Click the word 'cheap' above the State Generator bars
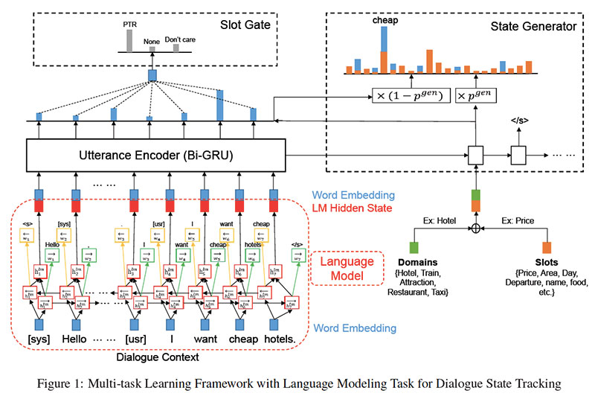coord(385,21)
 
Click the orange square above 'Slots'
coord(547,248)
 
